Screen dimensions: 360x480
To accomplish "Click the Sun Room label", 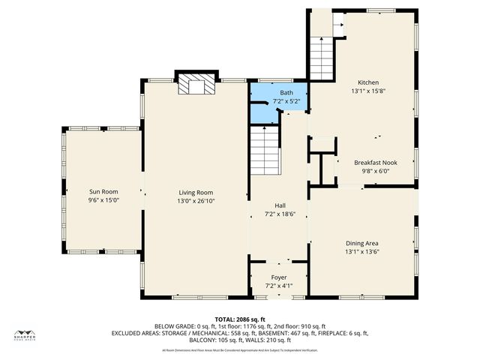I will point(103,192).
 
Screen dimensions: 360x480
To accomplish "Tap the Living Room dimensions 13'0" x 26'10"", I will point(196,201).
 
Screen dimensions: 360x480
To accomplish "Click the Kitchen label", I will point(368,82).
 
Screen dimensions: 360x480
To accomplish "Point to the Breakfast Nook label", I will point(376,162).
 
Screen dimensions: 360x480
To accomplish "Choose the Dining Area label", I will point(361,243).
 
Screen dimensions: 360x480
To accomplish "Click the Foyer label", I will point(278,277).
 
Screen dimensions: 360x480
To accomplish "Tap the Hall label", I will point(280,204).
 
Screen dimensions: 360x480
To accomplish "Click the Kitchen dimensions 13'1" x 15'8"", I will point(368,91).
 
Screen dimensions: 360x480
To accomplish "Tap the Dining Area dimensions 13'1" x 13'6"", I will point(361,252).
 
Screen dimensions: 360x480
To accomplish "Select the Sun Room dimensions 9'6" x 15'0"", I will point(103,201).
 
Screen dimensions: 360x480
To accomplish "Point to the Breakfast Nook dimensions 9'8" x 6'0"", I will point(376,171).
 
